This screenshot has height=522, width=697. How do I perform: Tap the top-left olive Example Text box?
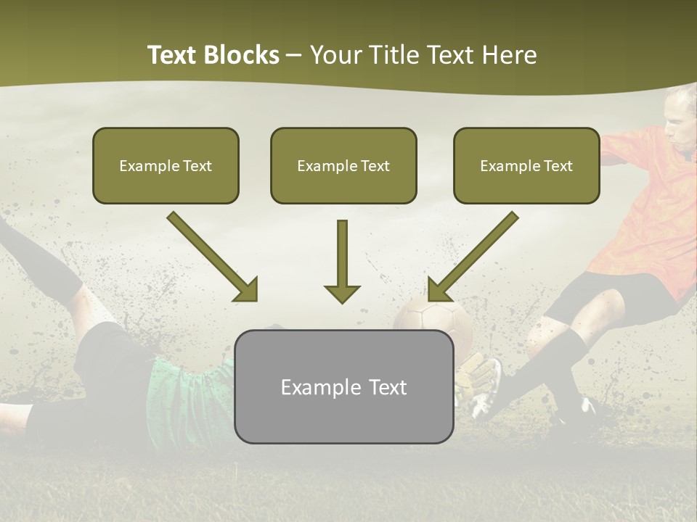coord(166,166)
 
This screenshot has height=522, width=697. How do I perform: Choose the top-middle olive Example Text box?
coord(343,166)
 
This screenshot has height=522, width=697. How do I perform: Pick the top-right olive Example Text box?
coord(526,166)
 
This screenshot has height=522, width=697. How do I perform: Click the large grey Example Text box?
coord(343,387)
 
